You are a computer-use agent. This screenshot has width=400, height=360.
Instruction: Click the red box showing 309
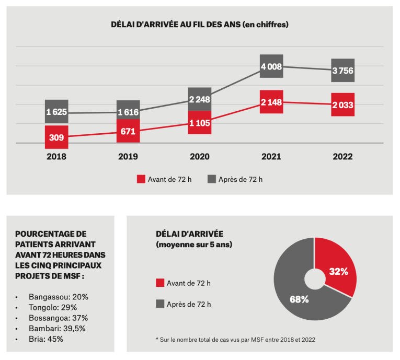(56, 137)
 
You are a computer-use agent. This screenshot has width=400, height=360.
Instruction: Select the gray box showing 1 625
(56, 112)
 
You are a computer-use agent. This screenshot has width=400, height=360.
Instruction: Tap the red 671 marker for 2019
(128, 131)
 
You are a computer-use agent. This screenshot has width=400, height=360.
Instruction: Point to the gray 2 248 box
(200, 99)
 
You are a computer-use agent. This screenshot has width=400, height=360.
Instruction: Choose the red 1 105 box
(200, 122)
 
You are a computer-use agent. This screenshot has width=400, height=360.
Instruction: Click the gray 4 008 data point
(271, 66)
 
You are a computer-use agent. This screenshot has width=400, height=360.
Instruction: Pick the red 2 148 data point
(271, 102)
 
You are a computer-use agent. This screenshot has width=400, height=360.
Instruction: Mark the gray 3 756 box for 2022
(343, 71)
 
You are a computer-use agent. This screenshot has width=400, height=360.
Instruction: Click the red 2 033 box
(343, 105)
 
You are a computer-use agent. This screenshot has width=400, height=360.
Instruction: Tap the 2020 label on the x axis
(200, 156)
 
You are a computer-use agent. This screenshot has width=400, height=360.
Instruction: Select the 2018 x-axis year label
(56, 156)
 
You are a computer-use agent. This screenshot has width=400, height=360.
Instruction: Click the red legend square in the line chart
(141, 179)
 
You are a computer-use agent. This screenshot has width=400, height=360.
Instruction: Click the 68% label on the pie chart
(299, 299)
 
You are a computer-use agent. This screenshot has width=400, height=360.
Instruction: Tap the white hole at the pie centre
(315, 279)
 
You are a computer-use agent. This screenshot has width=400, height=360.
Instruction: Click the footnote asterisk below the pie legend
(157, 339)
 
